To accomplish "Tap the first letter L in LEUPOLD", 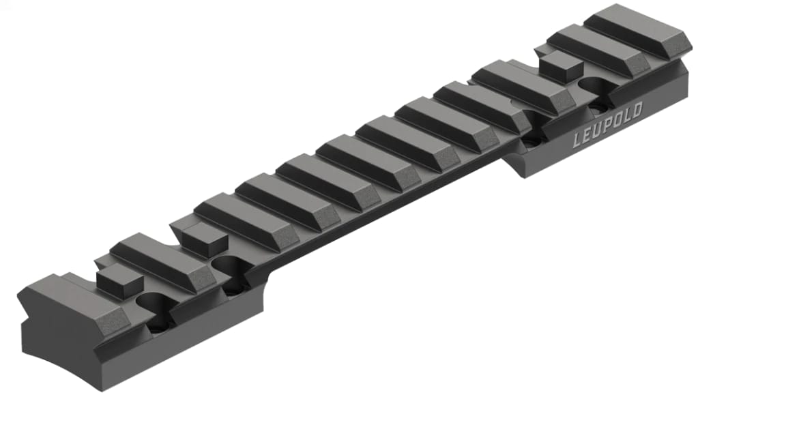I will [x=577, y=141].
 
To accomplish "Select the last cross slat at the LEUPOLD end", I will [x=638, y=31].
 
